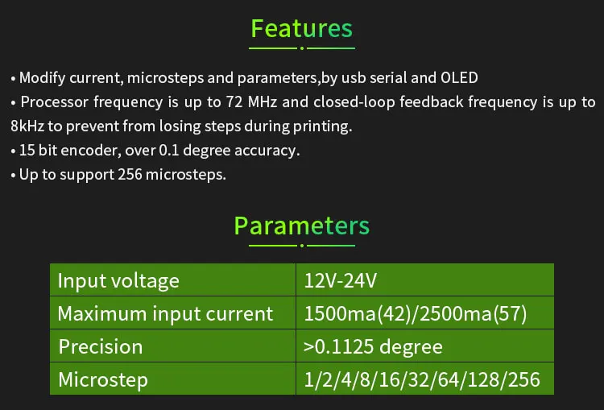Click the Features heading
tap(302, 28)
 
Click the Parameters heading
tap(302, 226)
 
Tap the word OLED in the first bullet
tap(459, 78)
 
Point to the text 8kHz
tap(27, 126)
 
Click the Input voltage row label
tap(118, 280)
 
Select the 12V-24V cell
tap(340, 280)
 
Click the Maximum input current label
tap(165, 313)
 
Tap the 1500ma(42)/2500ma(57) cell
tap(416, 313)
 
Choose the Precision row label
tap(101, 346)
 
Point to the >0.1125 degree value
tap(373, 347)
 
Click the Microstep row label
tap(103, 380)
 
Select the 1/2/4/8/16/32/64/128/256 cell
tap(422, 380)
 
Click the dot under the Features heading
tap(302, 48)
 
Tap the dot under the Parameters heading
tap(302, 246)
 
